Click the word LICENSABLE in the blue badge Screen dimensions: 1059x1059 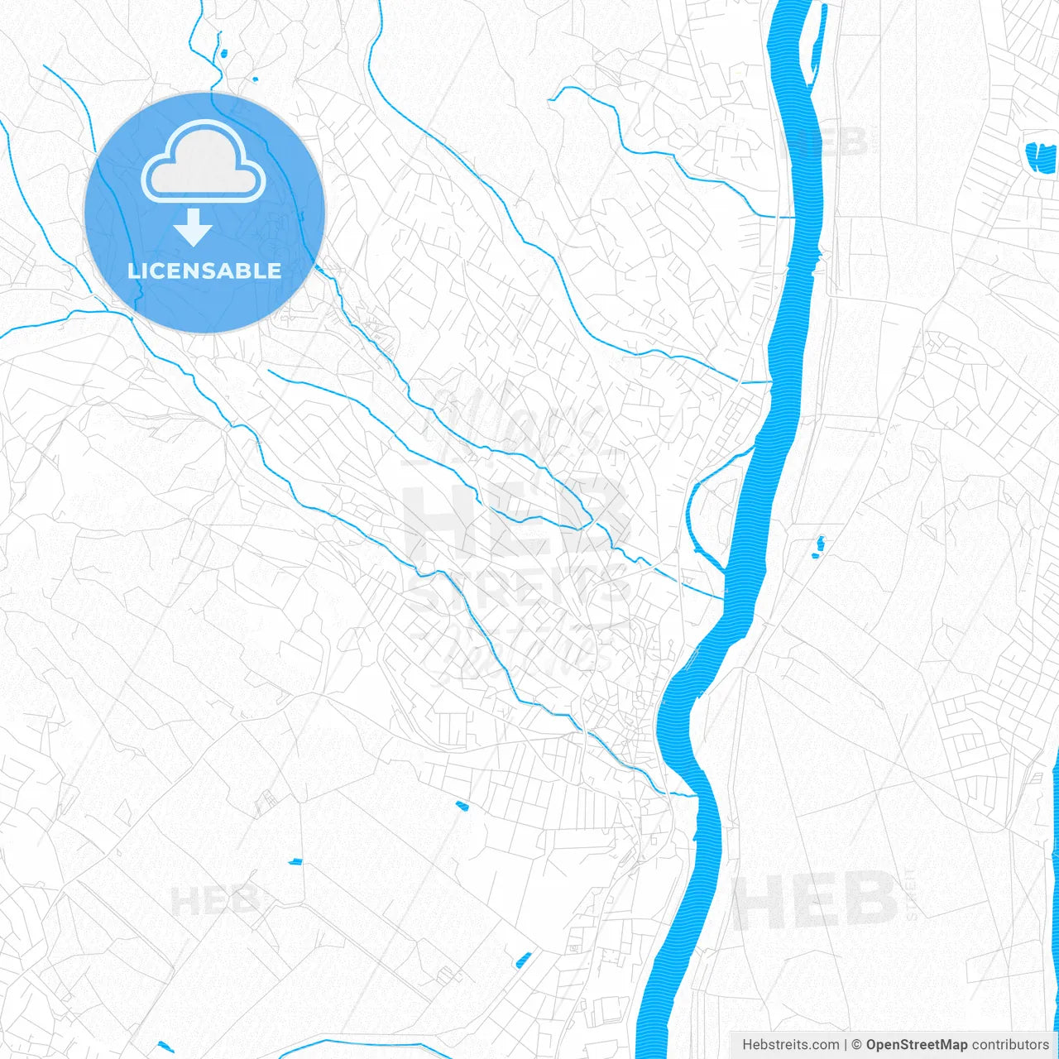point(204,271)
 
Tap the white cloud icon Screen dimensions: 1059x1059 point(204,163)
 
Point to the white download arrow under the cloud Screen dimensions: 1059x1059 point(194,228)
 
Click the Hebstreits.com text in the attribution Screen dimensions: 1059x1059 point(790,1045)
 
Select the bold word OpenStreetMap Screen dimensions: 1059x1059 point(917,1045)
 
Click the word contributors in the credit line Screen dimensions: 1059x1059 point(1010,1045)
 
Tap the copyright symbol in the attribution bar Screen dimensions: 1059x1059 point(856,1045)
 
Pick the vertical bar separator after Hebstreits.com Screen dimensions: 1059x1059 point(846,1045)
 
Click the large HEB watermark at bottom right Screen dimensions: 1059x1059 point(815,902)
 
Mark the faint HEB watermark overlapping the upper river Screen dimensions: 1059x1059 point(827,142)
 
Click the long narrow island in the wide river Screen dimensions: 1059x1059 point(817,50)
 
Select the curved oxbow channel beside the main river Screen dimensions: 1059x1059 point(693,513)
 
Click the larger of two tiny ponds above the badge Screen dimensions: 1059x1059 point(223,55)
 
